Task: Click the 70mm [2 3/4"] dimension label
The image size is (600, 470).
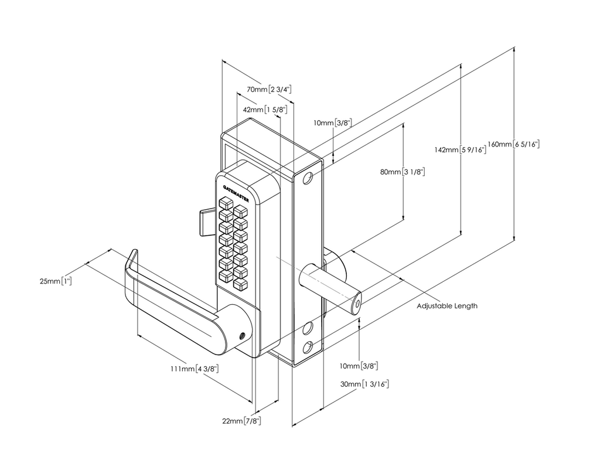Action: coord(269,90)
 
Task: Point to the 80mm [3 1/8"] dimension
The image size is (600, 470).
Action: coord(402,172)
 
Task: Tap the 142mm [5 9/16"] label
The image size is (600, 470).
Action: coord(460,150)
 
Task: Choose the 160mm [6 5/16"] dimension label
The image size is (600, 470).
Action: coord(514,145)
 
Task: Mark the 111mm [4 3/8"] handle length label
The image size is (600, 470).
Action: coord(195,369)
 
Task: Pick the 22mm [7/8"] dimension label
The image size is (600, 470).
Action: coord(241,421)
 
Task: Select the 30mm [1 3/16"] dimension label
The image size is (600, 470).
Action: coord(364,384)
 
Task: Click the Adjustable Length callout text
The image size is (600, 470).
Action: coord(446,306)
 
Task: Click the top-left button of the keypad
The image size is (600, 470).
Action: coord(225,204)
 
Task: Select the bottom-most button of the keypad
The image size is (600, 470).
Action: coord(240,284)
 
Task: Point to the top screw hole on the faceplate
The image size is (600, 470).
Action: coord(309,178)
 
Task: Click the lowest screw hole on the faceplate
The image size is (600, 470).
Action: coord(309,346)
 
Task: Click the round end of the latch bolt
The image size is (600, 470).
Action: coord(357,304)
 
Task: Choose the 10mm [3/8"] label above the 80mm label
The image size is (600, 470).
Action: coord(332,123)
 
